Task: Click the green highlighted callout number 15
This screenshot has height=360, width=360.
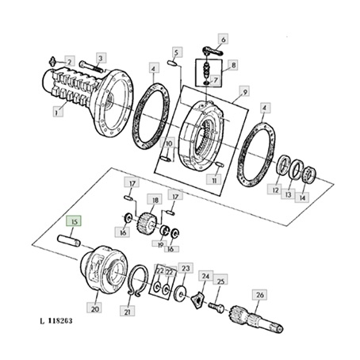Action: tap(75, 221)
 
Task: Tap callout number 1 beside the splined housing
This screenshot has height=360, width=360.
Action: tap(56, 113)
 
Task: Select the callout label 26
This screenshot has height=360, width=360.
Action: tap(260, 295)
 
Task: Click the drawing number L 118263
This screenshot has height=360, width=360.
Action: tap(56, 321)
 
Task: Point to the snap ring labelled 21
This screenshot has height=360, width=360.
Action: tap(137, 280)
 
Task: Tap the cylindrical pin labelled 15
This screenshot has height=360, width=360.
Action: tap(69, 240)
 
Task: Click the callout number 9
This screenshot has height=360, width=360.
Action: tap(245, 92)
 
